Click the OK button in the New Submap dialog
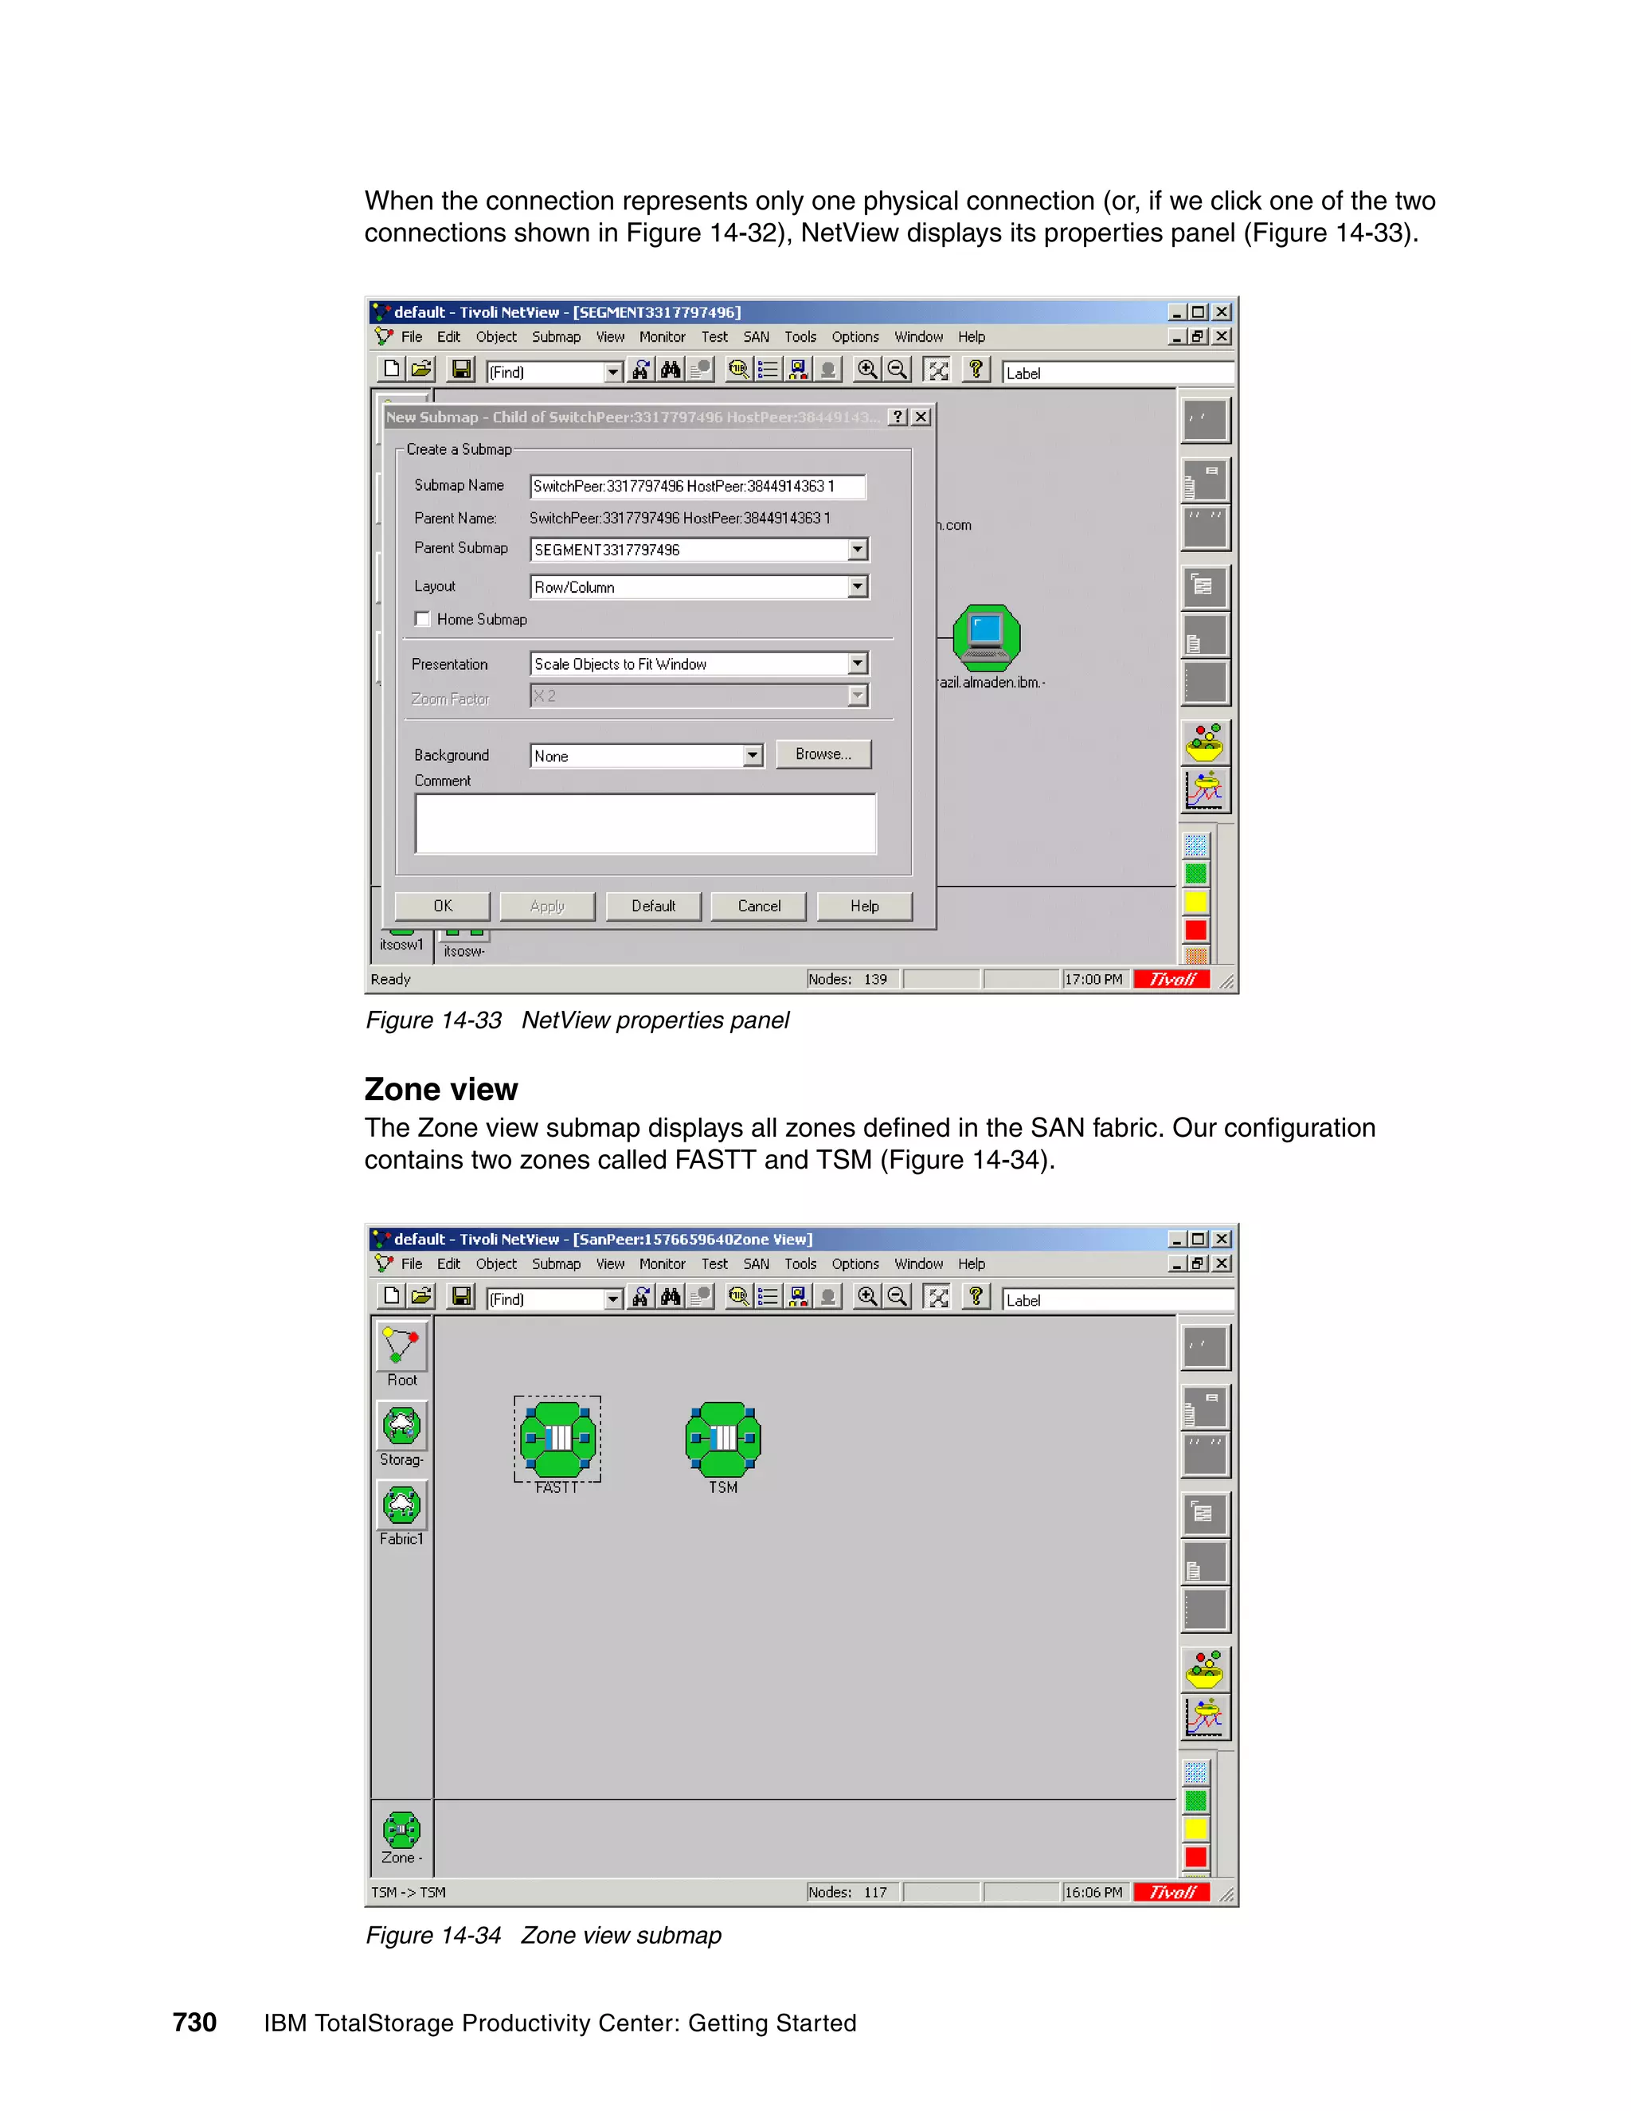pos(443,906)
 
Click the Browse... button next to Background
pos(823,754)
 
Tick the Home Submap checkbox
pos(422,620)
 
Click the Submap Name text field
pos(697,486)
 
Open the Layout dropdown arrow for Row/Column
pos(857,587)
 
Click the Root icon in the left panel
pos(402,1345)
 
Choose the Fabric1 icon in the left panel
pos(402,1505)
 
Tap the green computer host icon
pos(987,636)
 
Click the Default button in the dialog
pos(653,906)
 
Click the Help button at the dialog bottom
pos(864,906)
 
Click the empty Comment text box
pos(645,824)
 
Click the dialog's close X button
pos(921,417)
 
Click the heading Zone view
pos(441,1089)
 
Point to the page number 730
pos(194,2022)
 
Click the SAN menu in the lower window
pos(756,1263)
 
